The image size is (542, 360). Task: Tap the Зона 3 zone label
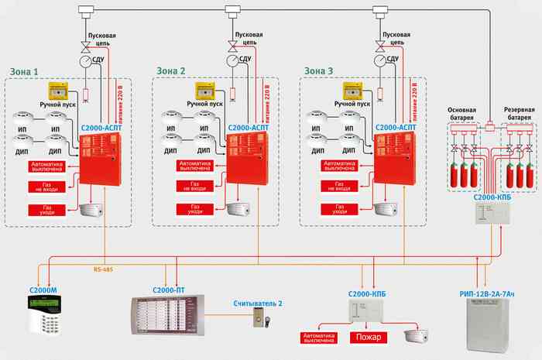click(318, 71)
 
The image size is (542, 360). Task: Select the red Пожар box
click(366, 338)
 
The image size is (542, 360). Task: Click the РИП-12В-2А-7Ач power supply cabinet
click(492, 322)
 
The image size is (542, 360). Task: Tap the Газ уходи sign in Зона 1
click(44, 210)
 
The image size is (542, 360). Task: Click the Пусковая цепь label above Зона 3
click(397, 38)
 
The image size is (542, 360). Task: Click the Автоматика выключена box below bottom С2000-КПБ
click(320, 338)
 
